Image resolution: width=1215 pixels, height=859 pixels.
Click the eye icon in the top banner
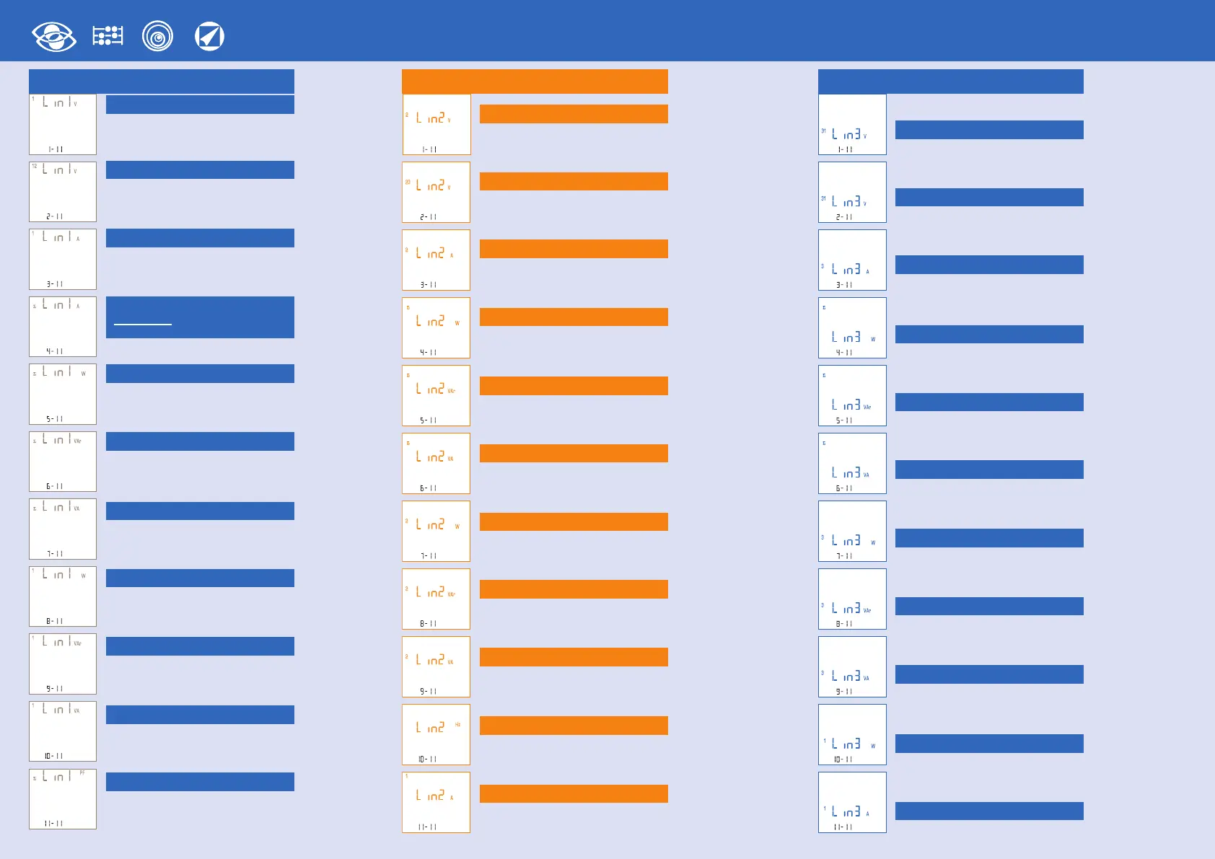(x=54, y=36)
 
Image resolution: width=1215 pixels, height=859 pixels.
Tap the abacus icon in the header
(x=108, y=36)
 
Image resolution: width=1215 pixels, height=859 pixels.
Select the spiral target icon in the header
(x=157, y=36)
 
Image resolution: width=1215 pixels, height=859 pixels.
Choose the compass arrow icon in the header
(x=209, y=36)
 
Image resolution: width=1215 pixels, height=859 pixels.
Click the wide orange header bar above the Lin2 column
(x=535, y=82)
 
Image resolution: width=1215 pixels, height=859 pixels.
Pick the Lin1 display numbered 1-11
(x=63, y=124)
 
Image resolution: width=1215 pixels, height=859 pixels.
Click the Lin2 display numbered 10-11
(x=436, y=734)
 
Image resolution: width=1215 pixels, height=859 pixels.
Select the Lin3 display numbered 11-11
(x=852, y=802)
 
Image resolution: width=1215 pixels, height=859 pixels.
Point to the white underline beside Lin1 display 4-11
(x=143, y=325)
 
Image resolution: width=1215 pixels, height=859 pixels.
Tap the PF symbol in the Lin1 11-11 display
(x=82, y=772)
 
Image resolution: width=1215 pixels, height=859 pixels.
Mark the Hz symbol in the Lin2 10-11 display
(x=457, y=724)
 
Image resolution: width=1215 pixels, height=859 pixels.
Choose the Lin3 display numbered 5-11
(x=852, y=395)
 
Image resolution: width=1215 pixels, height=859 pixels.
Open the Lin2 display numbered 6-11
(x=436, y=463)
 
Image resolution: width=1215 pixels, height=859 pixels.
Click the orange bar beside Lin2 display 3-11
(x=574, y=249)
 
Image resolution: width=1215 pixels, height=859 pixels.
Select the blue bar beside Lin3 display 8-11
(x=989, y=606)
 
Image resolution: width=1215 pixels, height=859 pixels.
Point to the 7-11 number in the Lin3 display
(x=844, y=556)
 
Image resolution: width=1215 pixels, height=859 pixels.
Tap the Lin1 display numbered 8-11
(x=63, y=596)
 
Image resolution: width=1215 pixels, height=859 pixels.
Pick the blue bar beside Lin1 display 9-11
(x=200, y=646)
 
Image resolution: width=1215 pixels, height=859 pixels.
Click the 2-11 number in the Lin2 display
(x=429, y=217)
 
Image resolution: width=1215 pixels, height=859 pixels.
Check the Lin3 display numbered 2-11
(x=852, y=192)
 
